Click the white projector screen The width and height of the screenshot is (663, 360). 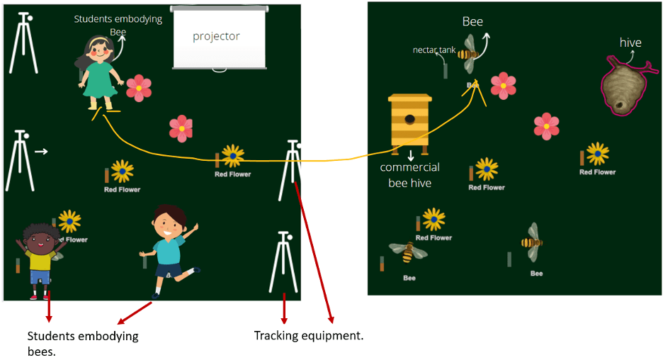coord(220,38)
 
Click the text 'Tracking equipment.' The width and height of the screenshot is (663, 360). coord(309,334)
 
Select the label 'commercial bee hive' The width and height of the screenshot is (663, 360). coord(409,175)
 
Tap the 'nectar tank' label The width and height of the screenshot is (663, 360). coord(434,50)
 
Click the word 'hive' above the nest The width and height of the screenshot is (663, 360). coord(630,43)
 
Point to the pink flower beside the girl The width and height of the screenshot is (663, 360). coord(139,87)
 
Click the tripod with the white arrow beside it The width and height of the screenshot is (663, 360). coord(20,160)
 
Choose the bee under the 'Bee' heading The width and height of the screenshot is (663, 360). coord(468,55)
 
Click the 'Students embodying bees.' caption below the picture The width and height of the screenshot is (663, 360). coord(82,343)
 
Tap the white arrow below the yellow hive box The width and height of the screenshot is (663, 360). coord(410,155)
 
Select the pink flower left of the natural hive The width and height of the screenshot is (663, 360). coord(546,125)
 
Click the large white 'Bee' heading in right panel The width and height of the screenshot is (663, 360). coord(472,21)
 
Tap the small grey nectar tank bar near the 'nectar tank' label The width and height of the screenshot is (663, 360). coord(446,69)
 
